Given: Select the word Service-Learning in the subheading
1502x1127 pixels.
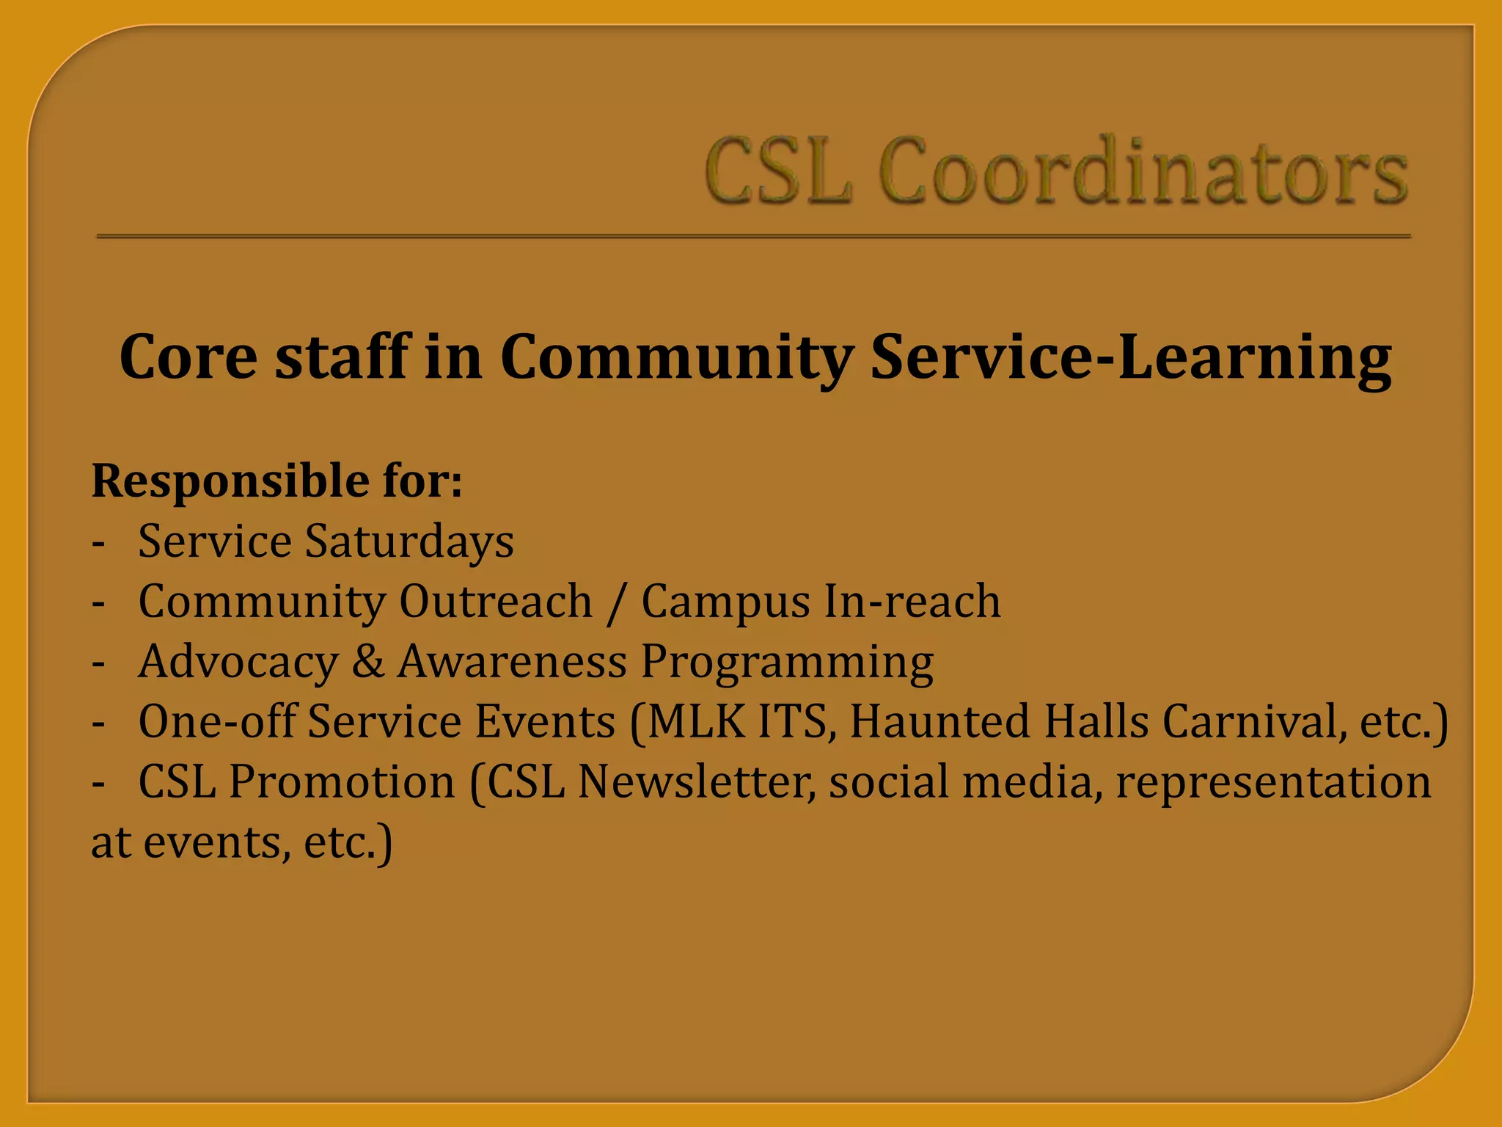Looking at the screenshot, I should (x=1130, y=357).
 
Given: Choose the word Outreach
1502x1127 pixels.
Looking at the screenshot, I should (x=495, y=602).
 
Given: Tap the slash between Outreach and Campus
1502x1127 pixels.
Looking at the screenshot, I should (x=617, y=603).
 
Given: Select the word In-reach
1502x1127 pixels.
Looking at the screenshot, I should (x=912, y=602).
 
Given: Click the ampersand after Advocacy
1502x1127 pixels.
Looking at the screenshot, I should (x=368, y=661).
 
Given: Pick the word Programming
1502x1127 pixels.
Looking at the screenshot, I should (x=787, y=663).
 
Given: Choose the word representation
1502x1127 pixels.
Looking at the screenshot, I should (x=1272, y=782).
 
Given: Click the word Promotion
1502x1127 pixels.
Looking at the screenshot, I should (x=342, y=781).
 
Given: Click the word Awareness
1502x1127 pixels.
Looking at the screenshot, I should (x=512, y=661).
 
